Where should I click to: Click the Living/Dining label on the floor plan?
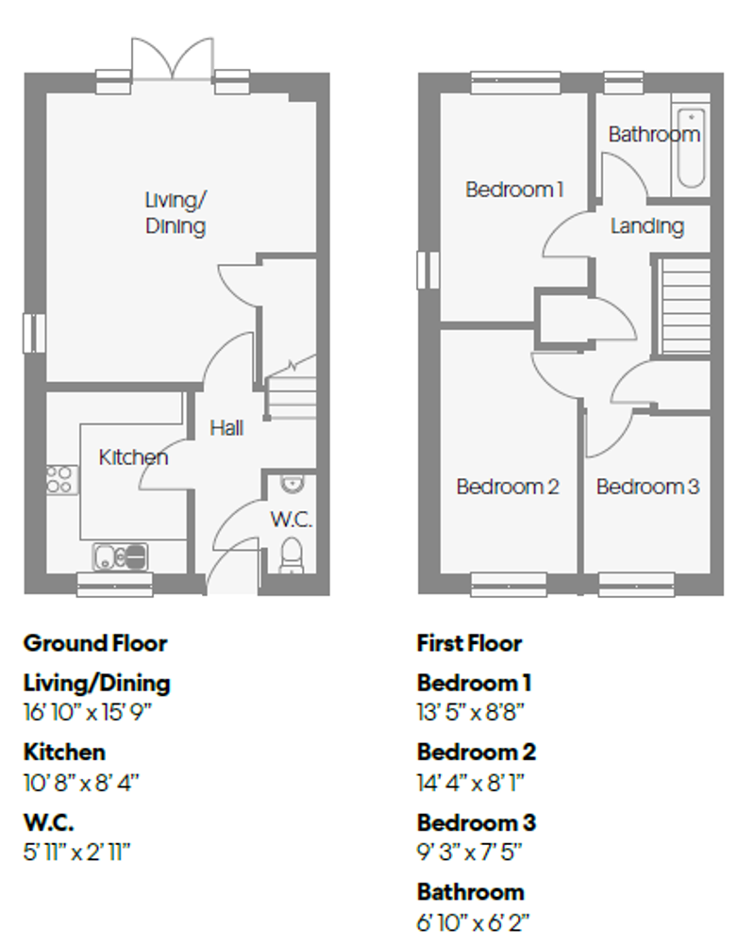[176, 213]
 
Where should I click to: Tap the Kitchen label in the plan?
[133, 457]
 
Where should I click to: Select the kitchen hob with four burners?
[61, 479]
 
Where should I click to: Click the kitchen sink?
[121, 556]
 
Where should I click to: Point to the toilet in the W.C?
[292, 555]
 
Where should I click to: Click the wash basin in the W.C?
[293, 485]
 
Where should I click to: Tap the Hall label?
[226, 428]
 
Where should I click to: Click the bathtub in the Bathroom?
[690, 150]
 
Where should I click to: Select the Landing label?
[646, 226]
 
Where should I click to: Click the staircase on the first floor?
[683, 306]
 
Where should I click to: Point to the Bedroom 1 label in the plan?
[514, 190]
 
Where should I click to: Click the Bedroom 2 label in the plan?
[508, 487]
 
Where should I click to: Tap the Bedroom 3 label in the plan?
[647, 487]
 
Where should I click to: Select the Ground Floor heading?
[94, 643]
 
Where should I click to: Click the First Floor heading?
[469, 643]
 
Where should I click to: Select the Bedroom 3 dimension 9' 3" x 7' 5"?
[469, 852]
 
